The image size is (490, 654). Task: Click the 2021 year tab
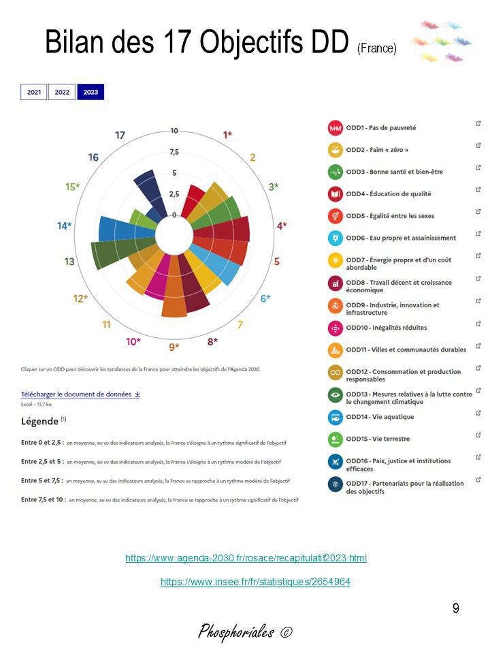coord(34,92)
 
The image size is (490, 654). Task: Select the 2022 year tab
coord(62,92)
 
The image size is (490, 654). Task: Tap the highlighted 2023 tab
coord(91,92)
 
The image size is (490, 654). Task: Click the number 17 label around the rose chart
coord(120,135)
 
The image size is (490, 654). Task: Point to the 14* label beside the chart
coord(65,225)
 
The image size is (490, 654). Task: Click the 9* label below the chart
coord(173,347)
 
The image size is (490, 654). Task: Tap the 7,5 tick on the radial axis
coord(174,151)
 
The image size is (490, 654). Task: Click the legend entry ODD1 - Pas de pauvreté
coord(380,127)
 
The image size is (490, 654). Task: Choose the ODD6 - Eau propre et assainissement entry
coord(400,238)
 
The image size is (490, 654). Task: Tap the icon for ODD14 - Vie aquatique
coord(335,417)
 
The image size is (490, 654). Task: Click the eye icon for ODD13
coord(335,394)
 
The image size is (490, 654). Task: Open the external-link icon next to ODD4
coord(478,190)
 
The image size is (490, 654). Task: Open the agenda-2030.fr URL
coord(246,559)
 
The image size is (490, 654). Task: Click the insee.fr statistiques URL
coord(255,582)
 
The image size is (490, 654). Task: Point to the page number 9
coord(455,608)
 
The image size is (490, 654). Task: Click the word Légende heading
coord(40,421)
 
